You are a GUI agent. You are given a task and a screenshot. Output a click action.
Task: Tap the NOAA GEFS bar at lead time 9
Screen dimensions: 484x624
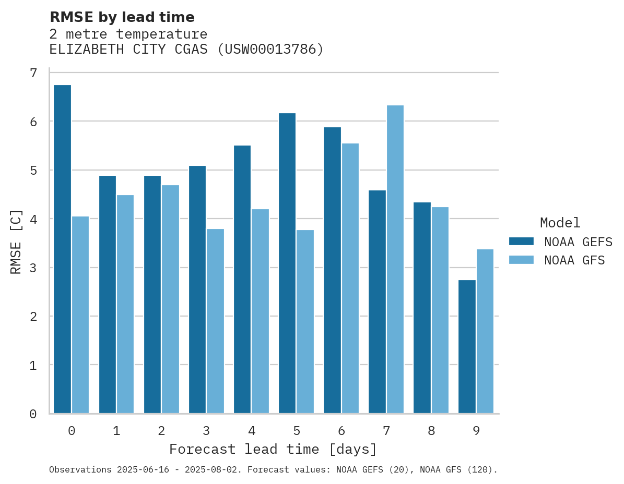(x=467, y=347)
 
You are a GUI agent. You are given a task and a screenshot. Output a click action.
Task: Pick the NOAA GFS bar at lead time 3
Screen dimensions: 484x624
(x=216, y=321)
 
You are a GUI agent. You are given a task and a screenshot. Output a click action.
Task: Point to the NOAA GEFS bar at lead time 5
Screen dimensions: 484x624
(x=287, y=263)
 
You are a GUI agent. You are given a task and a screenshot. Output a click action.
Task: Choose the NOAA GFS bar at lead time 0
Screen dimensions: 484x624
(x=80, y=315)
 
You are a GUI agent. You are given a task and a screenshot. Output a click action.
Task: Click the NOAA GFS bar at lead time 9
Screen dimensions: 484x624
(x=485, y=331)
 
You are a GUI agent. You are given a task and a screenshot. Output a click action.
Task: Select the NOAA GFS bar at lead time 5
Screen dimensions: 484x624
(x=305, y=322)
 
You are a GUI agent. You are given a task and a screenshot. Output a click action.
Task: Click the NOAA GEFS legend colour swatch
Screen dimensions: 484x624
(x=521, y=241)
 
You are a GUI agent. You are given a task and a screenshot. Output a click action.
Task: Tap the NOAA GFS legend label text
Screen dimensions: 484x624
(x=574, y=260)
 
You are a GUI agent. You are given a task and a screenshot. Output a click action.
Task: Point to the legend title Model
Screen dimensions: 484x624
(x=560, y=223)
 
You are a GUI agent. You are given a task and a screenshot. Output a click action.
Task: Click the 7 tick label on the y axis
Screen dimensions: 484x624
(x=33, y=73)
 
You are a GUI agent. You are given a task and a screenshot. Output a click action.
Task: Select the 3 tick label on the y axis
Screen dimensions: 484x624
(x=33, y=268)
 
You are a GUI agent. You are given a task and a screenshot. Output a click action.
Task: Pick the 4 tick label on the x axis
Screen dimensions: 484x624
(x=252, y=431)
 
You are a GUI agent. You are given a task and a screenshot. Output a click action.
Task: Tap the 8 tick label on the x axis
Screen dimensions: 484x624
(x=431, y=431)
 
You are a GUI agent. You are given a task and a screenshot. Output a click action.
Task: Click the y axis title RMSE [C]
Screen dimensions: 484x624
(x=16, y=241)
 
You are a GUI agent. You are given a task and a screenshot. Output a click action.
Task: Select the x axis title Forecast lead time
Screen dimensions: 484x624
(x=273, y=449)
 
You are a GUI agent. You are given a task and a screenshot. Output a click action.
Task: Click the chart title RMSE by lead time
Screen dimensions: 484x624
(x=122, y=17)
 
